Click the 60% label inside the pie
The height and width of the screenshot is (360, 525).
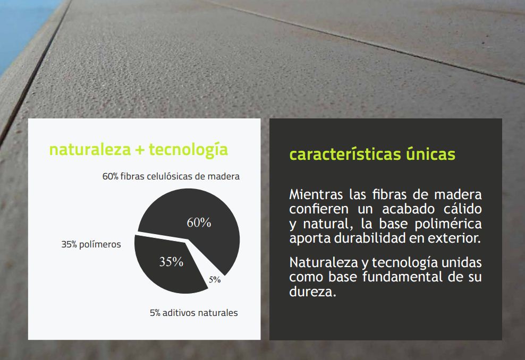tap(199, 222)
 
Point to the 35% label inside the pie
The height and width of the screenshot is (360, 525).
tap(171, 262)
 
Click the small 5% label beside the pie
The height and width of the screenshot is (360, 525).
tap(215, 280)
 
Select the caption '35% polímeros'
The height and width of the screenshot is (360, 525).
tap(91, 244)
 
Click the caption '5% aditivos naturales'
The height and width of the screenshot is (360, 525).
tap(194, 313)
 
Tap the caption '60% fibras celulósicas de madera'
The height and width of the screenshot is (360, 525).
tap(171, 176)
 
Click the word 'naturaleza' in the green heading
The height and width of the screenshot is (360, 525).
tap(90, 150)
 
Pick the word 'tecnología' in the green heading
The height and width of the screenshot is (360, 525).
tap(188, 150)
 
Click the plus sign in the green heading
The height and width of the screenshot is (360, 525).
tap(140, 150)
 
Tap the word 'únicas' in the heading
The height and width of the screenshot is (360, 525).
tap(430, 154)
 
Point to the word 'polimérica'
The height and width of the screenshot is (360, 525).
tap(448, 224)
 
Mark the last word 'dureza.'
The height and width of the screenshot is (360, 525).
tap(312, 292)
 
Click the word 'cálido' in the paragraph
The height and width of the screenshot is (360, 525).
tap(463, 209)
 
